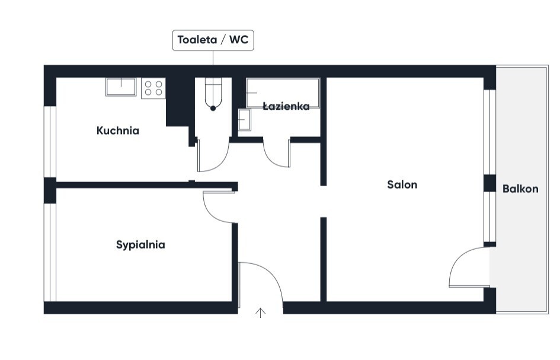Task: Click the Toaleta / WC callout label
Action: coord(213,40)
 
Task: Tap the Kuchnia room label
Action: coord(118,130)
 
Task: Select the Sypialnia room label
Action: coord(140,245)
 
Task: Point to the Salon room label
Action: coord(402,184)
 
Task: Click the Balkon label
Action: coord(520,189)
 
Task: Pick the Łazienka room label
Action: coord(286,106)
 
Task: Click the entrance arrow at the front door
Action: coord(261,313)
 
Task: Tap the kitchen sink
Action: coord(121,87)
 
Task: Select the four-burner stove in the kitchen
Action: coord(153,88)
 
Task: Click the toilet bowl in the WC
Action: coord(213,94)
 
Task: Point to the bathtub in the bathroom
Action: coord(283,93)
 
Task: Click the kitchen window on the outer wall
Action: coord(50,142)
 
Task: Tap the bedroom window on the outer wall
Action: coord(50,253)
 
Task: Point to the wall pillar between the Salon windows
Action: coord(489,183)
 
